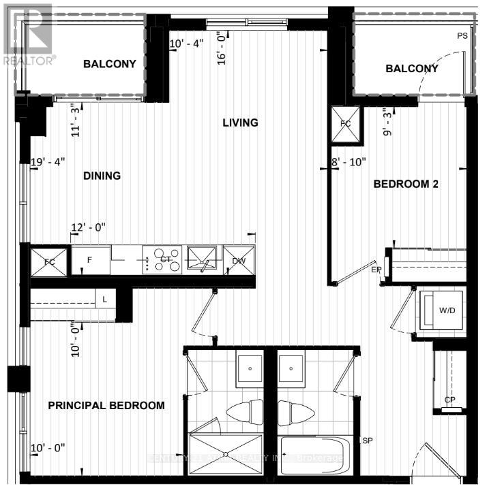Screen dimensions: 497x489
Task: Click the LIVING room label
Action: point(240,123)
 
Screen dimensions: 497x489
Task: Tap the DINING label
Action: point(102,176)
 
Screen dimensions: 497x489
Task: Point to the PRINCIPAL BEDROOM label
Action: point(106,405)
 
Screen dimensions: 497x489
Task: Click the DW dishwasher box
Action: point(239,259)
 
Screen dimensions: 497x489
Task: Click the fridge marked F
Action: point(91,259)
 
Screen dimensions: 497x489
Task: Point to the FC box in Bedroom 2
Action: point(344,124)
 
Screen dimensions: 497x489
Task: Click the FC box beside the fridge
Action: point(49,261)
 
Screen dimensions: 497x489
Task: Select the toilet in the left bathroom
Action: point(245,411)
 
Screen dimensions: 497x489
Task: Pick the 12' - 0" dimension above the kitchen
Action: point(89,227)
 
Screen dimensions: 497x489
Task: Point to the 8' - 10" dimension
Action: point(349,162)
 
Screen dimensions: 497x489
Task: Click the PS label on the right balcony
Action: point(463,35)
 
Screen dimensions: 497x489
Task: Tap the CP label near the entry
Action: point(450,400)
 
